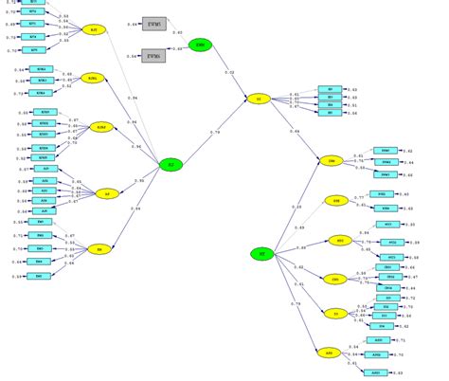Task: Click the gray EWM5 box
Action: click(154, 23)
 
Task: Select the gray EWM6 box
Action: click(154, 57)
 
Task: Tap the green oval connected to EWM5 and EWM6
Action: click(200, 45)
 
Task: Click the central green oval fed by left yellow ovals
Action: click(171, 165)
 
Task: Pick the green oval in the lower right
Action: click(262, 253)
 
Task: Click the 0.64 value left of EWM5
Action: click(132, 23)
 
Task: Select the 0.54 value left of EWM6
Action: click(132, 57)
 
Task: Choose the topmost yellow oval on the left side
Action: click(93, 30)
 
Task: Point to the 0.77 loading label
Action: click(359, 197)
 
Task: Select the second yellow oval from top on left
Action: click(93, 78)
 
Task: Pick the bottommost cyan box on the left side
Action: click(40, 276)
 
